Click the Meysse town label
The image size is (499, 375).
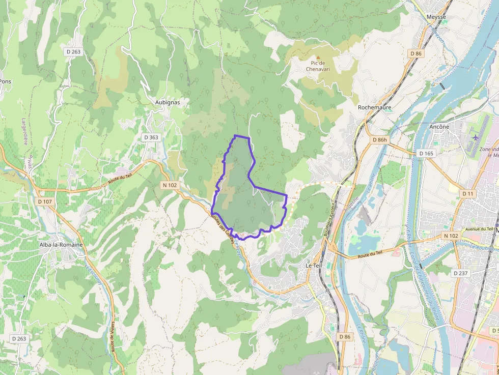coord(436,17)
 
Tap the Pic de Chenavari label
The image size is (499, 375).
coord(319,66)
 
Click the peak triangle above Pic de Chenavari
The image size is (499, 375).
coord(319,57)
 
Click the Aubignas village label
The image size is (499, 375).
coord(167,102)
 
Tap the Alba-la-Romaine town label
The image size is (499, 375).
coord(61,245)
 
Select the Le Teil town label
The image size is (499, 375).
coord(315,266)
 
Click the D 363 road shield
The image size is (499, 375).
coord(151,137)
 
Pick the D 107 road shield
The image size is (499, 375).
coord(45,201)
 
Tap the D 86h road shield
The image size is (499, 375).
coord(380,140)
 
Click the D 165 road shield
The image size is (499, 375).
coord(426,153)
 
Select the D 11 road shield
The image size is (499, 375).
coord(468,194)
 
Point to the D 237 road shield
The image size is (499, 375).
coord(461,273)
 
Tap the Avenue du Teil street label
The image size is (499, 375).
coord(481,229)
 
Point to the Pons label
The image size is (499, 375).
coord(5,81)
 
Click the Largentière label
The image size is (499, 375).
coord(24,131)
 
